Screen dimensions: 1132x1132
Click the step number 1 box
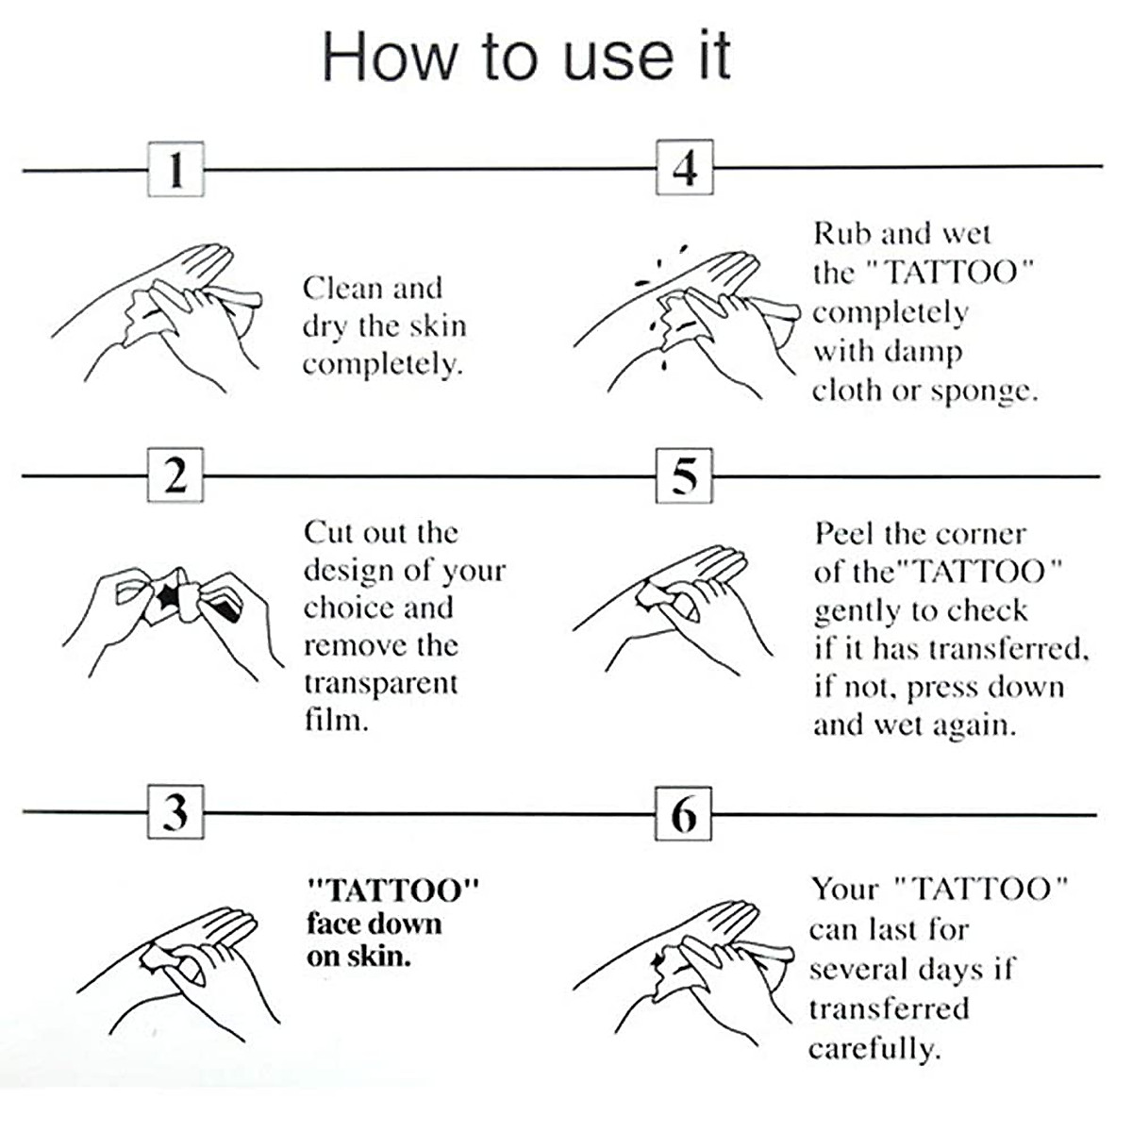click(175, 170)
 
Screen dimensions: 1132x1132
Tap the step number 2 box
click(175, 475)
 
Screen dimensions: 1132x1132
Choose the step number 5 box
click(685, 475)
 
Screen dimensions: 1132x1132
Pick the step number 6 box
click(685, 813)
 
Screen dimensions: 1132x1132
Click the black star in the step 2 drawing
click(169, 595)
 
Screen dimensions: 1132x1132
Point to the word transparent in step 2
click(380, 684)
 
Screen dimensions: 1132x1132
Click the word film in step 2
click(333, 721)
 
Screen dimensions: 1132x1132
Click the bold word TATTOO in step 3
click(394, 890)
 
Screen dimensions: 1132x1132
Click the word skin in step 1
click(438, 326)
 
